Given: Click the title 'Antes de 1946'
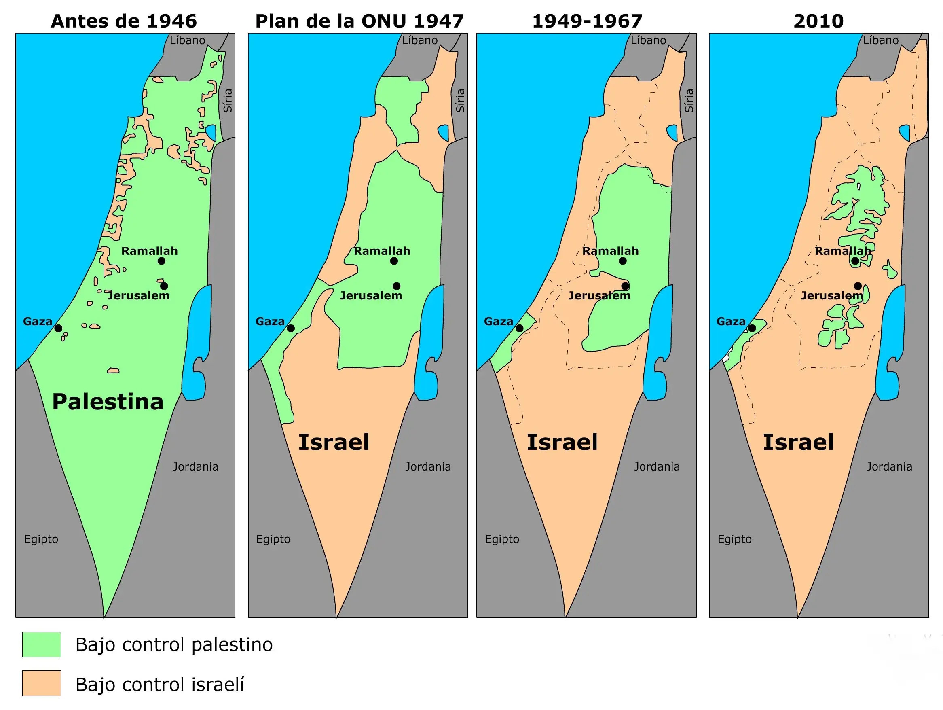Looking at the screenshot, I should point(124,21).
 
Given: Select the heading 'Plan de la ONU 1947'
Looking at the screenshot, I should point(359,21).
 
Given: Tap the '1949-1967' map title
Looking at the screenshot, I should point(587,21).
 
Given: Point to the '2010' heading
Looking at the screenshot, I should point(818,21).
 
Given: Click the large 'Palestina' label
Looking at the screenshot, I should point(108,402).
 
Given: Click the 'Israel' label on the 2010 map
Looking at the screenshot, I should point(798,442).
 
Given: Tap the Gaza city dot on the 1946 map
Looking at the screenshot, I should point(58,328).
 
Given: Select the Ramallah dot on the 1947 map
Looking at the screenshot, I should point(394,261).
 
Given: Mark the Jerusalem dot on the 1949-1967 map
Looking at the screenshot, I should point(626,286).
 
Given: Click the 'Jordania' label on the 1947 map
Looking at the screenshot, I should point(427,466).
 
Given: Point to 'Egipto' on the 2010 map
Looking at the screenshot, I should point(734,539).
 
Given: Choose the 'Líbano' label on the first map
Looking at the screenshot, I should point(188,40).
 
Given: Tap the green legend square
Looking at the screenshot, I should point(41,644).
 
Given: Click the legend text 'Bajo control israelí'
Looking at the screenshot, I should point(159,685).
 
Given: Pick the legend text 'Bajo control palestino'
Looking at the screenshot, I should point(174,645).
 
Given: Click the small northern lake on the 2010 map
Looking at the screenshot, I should point(904,132).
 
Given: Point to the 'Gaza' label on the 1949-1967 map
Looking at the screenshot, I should point(498,322).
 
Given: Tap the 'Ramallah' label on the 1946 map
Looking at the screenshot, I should point(149,251).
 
